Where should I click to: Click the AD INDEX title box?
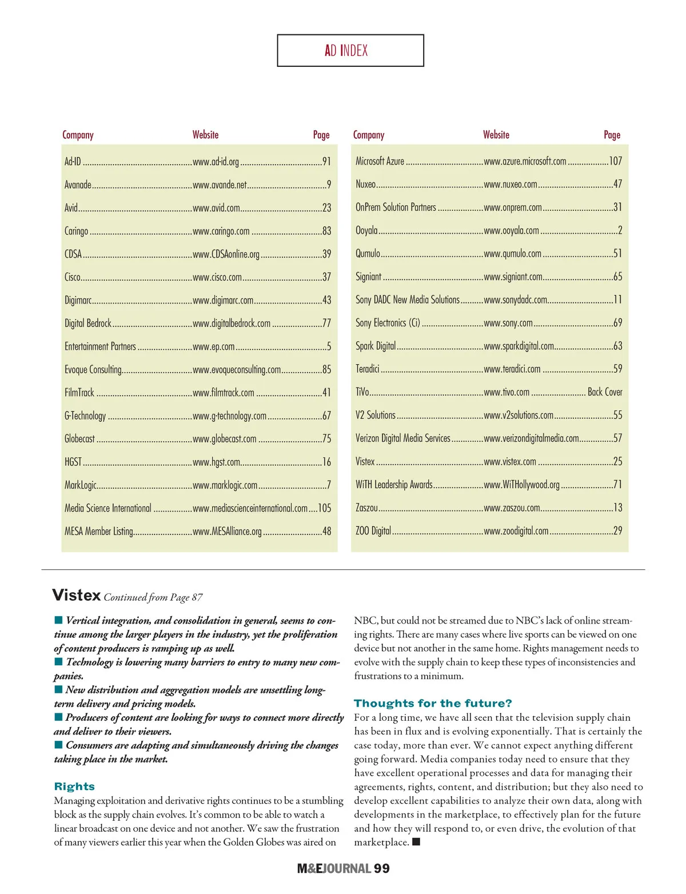[350, 50]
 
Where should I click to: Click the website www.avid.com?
[216, 208]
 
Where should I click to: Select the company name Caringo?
[76, 231]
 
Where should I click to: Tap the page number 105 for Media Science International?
[324, 508]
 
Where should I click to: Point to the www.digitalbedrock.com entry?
[232, 324]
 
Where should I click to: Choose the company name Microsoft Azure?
[380, 161]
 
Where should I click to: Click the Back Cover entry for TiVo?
[605, 392]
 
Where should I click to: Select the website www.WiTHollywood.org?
[521, 485]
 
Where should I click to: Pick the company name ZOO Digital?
[373, 531]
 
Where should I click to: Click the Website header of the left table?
[205, 135]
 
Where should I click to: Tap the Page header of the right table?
[612, 135]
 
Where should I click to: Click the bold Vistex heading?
[76, 596]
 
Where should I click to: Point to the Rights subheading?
[74, 787]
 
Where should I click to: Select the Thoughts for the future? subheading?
[433, 703]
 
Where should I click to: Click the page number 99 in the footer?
[382, 869]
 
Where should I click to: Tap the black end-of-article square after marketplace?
[416, 842]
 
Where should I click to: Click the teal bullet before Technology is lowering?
[58, 662]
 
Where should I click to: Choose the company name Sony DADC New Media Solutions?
[407, 300]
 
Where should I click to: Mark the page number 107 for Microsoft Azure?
[615, 161]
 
